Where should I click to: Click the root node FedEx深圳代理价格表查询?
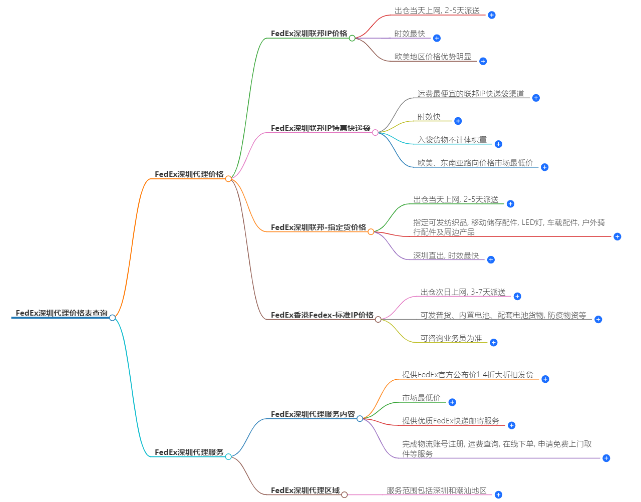(62, 313)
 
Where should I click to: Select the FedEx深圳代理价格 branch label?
(189, 174)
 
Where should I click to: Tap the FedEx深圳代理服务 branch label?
(189, 452)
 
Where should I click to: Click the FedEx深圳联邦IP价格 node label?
(308, 34)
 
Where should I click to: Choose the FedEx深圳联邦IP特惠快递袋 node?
(320, 128)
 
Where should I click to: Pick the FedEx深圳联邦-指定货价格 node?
(318, 227)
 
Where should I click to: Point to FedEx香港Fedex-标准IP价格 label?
(322, 315)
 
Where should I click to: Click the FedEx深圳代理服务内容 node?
(312, 414)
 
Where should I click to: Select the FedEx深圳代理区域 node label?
(305, 490)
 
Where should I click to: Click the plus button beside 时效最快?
(437, 38)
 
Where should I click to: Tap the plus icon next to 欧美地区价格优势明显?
(483, 61)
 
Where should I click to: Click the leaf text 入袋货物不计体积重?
(452, 140)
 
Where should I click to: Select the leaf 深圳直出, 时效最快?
(446, 256)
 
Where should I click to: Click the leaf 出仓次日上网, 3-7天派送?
(463, 292)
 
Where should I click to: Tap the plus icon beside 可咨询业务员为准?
(493, 343)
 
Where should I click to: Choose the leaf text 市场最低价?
(421, 398)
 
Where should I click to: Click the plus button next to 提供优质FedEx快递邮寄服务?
(511, 425)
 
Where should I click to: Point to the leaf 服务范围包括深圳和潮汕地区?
(436, 490)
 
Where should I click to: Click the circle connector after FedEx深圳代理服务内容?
(360, 418)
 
